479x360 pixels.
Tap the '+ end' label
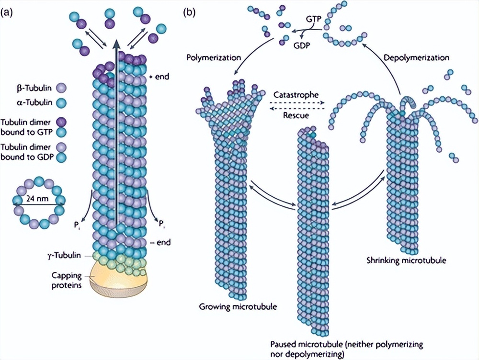pyautogui.click(x=160, y=76)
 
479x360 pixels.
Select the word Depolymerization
pyautogui.click(x=417, y=57)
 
